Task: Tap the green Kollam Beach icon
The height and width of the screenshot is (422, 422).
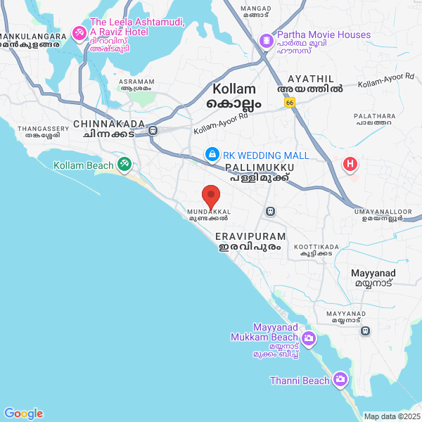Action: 124,165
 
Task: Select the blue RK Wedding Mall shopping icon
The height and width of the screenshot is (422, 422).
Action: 211,154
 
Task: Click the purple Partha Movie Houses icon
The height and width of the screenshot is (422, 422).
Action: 267,41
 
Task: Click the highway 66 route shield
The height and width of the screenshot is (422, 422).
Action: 290,102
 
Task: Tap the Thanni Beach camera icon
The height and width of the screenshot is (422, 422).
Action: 340,380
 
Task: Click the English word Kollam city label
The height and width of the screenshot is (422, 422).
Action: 236,89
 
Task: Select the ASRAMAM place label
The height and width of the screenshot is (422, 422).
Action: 136,82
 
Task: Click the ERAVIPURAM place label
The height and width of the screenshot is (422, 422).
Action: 250,236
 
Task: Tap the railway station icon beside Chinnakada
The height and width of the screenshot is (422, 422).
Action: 153,130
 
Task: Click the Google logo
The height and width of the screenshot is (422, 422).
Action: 23,414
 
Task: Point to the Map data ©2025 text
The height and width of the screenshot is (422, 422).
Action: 391,416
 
